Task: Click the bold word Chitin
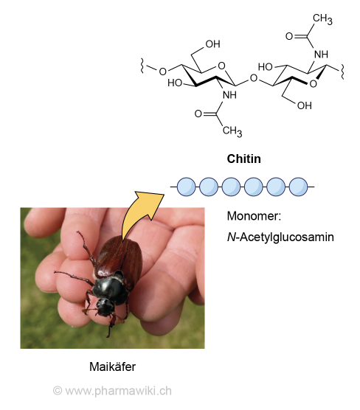pyautogui.click(x=243, y=159)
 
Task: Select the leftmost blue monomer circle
pyautogui.click(x=186, y=187)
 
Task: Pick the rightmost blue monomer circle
pyautogui.click(x=299, y=187)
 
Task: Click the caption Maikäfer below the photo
pyautogui.click(x=112, y=366)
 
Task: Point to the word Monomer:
pyautogui.click(x=254, y=216)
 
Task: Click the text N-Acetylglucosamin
pyautogui.click(x=280, y=237)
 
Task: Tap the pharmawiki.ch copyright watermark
pyautogui.click(x=112, y=391)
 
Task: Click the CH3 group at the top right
pyautogui.click(x=322, y=19)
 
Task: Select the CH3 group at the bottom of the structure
pyautogui.click(x=232, y=131)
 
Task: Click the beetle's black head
pyautogui.click(x=105, y=306)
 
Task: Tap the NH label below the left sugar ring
pyautogui.click(x=229, y=95)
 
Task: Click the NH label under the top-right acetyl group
pyautogui.click(x=321, y=55)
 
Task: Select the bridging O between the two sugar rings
pyautogui.click(x=254, y=78)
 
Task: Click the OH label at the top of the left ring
pyautogui.click(x=212, y=44)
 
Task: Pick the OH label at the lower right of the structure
pyautogui.click(x=304, y=105)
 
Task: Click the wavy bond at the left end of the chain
pyautogui.click(x=142, y=66)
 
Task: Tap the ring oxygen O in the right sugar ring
pyautogui.click(x=313, y=84)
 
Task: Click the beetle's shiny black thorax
pyautogui.click(x=111, y=287)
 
